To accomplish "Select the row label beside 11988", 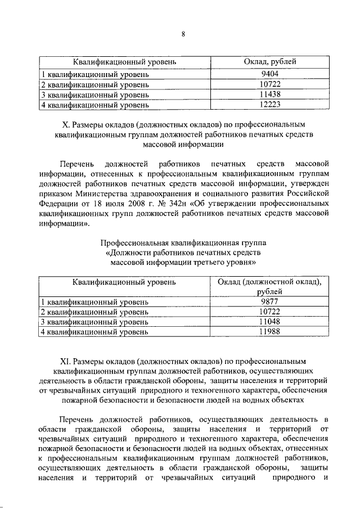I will [94, 332].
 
